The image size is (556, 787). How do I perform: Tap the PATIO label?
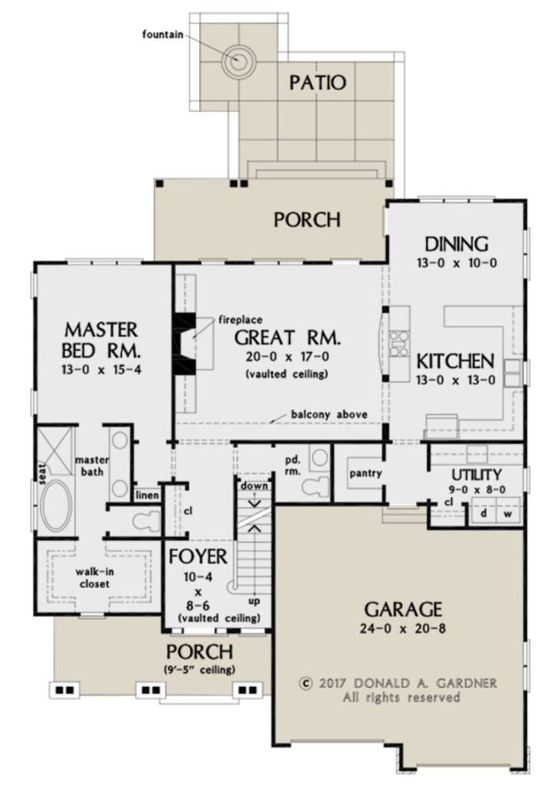318,82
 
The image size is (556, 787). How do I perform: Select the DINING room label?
457,244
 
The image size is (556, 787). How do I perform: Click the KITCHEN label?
455,361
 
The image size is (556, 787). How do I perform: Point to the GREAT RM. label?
288,338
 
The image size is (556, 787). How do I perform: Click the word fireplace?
240,320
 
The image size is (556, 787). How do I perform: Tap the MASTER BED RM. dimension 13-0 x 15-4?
102,370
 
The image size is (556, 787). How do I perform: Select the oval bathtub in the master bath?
56,506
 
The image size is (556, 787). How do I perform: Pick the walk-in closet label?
92,578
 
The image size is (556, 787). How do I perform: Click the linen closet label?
147,496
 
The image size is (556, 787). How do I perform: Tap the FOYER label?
198,556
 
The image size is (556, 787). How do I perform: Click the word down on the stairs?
254,486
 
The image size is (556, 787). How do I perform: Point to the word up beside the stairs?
254,601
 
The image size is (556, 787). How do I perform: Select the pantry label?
365,473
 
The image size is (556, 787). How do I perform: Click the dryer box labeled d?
483,513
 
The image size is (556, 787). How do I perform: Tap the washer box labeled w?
509,513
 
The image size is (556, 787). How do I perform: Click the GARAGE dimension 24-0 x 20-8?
403,629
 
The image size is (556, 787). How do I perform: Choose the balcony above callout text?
329,414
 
